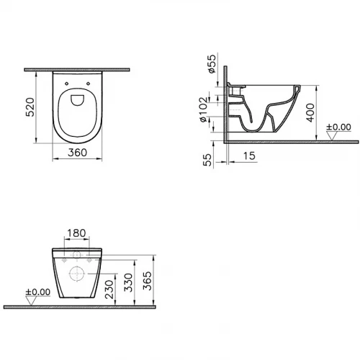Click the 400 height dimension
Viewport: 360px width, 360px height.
(309, 112)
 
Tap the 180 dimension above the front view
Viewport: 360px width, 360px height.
(78, 234)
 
